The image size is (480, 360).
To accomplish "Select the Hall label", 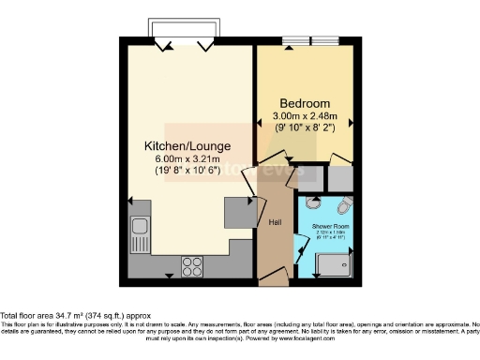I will click(x=276, y=222).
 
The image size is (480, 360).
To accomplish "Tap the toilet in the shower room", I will click(x=343, y=205).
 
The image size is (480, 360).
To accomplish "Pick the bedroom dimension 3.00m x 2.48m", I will click(x=304, y=117).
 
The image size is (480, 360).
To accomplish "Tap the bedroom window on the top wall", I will click(x=312, y=41).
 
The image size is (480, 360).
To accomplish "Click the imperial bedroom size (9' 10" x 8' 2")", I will click(x=304, y=128).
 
